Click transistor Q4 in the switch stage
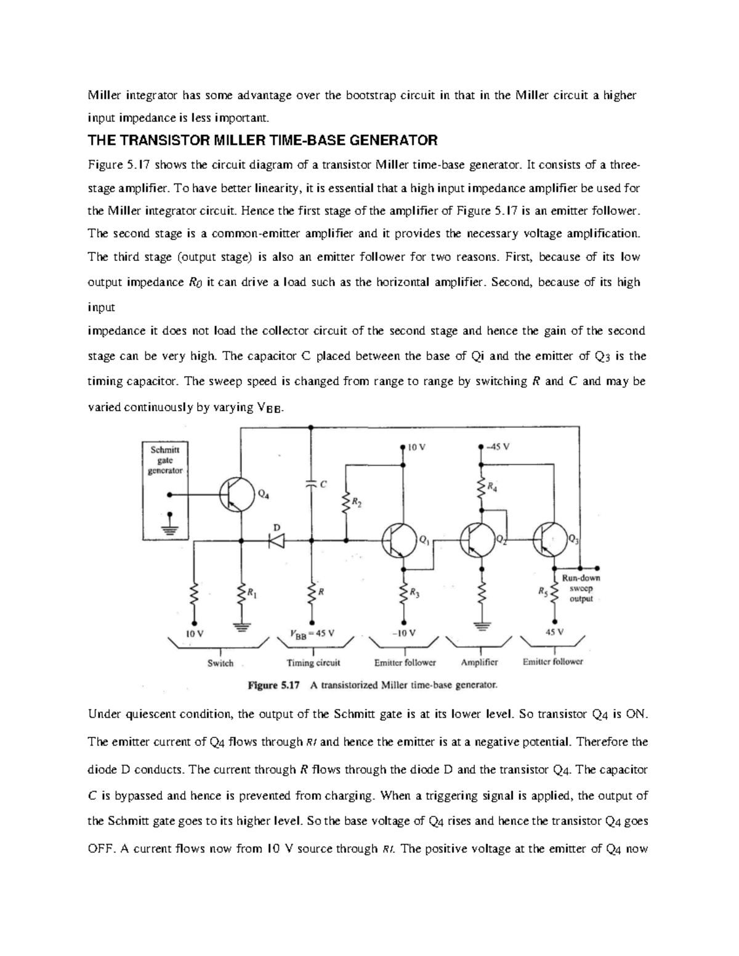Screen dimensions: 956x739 (237, 494)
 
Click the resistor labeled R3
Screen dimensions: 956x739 (403, 595)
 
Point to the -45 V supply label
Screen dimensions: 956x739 (498, 447)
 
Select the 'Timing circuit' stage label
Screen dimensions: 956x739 (313, 663)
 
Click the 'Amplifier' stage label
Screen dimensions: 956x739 (479, 662)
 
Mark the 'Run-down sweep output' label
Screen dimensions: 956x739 (581, 588)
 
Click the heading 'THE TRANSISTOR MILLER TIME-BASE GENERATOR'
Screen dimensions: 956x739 (262, 140)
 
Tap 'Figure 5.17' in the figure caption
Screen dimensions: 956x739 (273, 685)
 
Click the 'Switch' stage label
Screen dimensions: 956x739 (220, 663)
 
